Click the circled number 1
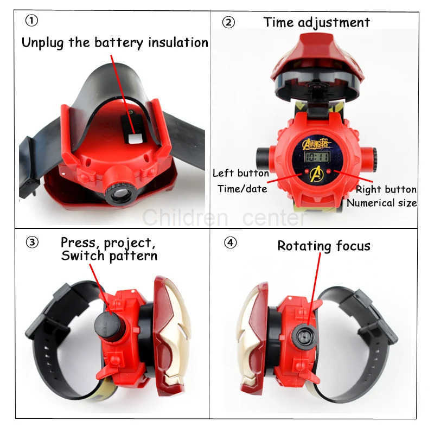(x=32, y=21)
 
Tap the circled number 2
(x=229, y=23)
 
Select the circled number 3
(x=32, y=242)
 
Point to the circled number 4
(x=231, y=242)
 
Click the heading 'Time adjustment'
(x=316, y=22)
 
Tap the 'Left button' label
(x=240, y=174)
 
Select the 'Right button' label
(x=386, y=189)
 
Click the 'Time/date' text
(x=242, y=189)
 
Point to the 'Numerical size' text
(x=382, y=203)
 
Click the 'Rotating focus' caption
(x=324, y=246)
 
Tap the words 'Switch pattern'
(x=109, y=255)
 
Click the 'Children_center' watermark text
(x=224, y=218)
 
